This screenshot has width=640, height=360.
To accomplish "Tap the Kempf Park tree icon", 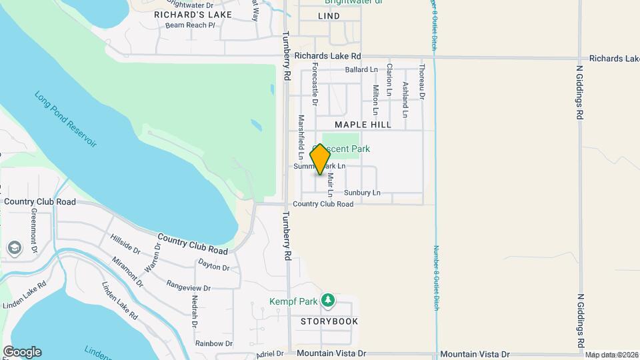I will click(327, 301).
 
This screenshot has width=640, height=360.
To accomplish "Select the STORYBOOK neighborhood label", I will click(329, 321).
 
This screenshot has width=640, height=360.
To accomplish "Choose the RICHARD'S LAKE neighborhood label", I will click(193, 14).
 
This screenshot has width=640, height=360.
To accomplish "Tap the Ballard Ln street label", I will click(361, 69).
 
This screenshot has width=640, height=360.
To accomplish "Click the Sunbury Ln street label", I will click(362, 193).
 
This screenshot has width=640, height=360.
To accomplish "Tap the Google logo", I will click(22, 351).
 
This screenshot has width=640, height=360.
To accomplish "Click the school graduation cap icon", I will click(14, 249).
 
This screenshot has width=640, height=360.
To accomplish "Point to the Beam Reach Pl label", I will click(191, 25).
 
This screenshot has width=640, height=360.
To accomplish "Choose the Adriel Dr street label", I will click(270, 353).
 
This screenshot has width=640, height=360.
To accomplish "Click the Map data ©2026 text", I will click(611, 355).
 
